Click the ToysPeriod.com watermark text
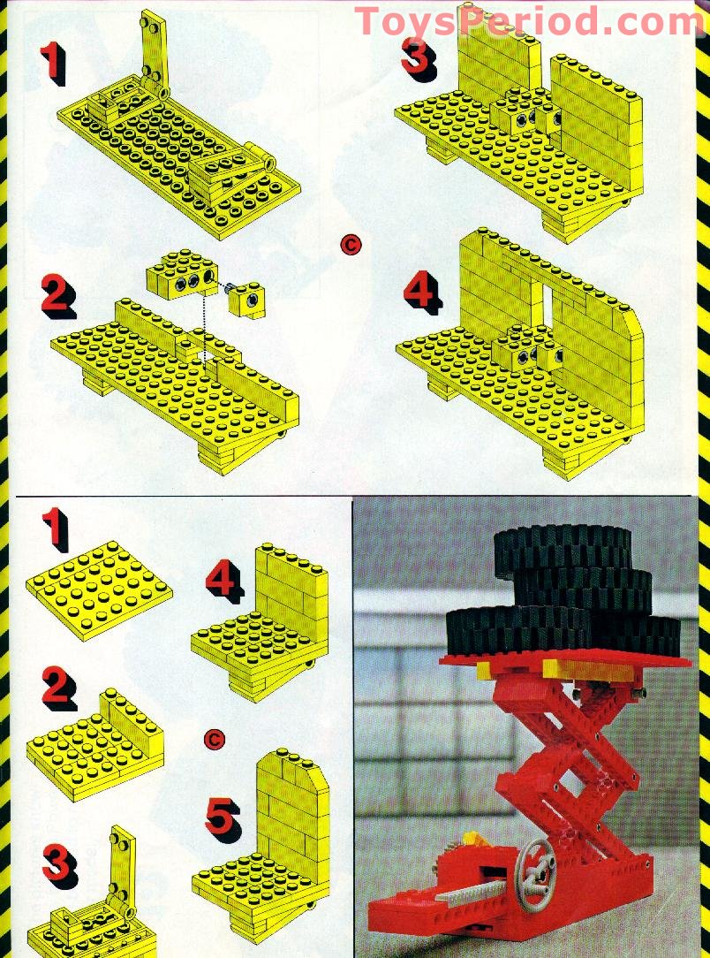530,21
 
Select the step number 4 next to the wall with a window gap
422,289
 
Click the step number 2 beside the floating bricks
57,295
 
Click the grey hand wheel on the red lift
535,861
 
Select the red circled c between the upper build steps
351,245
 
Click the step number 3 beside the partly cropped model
57,863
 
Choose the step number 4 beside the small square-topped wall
224,580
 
